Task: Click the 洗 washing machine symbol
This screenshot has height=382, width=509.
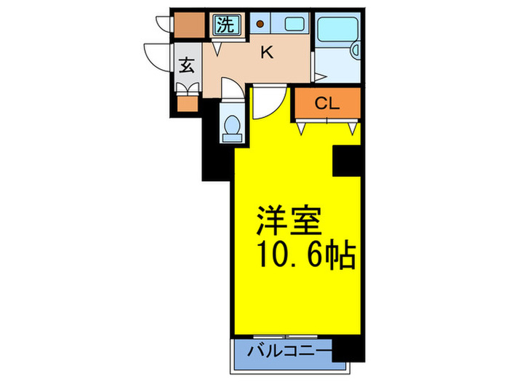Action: pyautogui.click(x=225, y=26)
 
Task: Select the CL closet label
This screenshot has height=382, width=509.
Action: pyautogui.click(x=326, y=104)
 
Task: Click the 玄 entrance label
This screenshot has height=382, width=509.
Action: pyautogui.click(x=186, y=65)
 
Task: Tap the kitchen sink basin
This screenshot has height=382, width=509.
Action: pyautogui.click(x=295, y=23)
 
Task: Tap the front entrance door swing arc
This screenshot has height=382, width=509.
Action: pyautogui.click(x=156, y=55)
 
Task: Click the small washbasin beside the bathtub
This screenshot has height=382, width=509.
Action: pyautogui.click(x=356, y=51)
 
